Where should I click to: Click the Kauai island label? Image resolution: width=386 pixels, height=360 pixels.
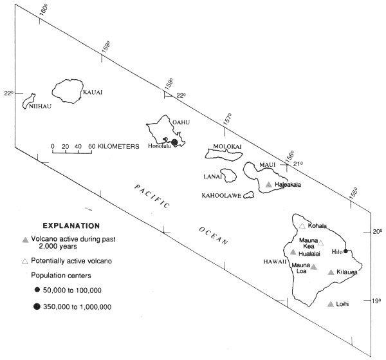click(92, 92)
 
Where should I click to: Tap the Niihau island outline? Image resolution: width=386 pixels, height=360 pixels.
click(29, 100)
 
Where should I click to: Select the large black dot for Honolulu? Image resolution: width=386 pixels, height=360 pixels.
click(174, 142)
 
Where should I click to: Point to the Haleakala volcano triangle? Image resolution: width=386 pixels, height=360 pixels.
click(269, 185)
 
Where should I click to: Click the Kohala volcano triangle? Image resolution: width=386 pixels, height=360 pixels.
click(302, 226)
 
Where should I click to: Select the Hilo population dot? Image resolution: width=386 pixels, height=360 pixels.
click(345, 251)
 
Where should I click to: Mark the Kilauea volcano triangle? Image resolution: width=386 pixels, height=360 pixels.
click(331, 272)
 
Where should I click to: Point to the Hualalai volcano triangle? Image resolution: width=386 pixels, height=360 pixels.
click(293, 252)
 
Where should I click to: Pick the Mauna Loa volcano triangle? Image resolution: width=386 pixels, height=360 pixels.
click(314, 267)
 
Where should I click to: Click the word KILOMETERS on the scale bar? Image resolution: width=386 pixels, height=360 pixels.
click(120, 146)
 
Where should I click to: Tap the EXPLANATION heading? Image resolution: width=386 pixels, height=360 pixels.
click(71, 226)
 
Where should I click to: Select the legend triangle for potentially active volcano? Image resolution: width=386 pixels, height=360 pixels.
click(25, 261)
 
